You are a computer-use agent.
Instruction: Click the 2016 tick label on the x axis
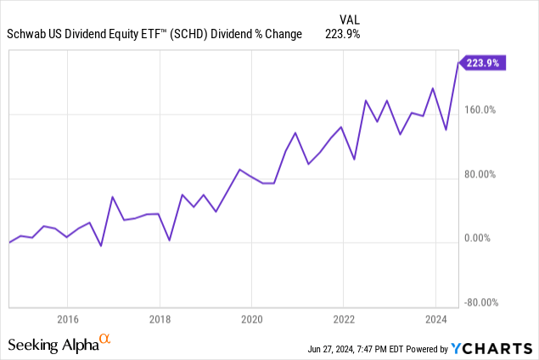pos(67,319)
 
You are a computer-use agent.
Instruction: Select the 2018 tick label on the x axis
pos(159,319)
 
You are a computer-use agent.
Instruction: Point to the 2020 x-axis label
pos(251,319)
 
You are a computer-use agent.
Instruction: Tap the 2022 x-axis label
pos(343,319)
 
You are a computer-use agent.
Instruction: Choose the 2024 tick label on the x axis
pos(435,319)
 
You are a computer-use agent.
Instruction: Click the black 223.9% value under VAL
pos(343,33)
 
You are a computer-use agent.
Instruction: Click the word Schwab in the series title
pos(30,33)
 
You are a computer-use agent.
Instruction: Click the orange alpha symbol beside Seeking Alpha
pos(105,340)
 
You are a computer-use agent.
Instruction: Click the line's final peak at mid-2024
pos(458,62)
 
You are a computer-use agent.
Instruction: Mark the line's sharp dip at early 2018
pos(170,240)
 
